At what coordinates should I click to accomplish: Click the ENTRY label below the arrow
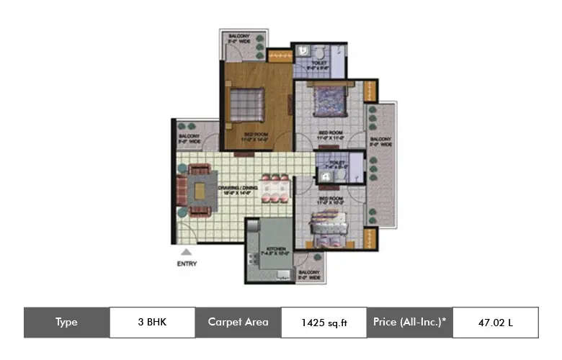coord(186,264)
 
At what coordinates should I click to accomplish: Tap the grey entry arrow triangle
coord(186,251)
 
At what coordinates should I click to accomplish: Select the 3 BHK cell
coord(152,323)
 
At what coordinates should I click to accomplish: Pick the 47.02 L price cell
coord(495,323)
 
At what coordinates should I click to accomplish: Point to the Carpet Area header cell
coord(238,323)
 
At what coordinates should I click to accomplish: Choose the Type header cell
coord(66,323)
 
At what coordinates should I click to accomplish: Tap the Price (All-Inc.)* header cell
coord(410,323)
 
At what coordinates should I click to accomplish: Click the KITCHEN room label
coord(277,250)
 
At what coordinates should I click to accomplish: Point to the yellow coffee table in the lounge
coord(199,190)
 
